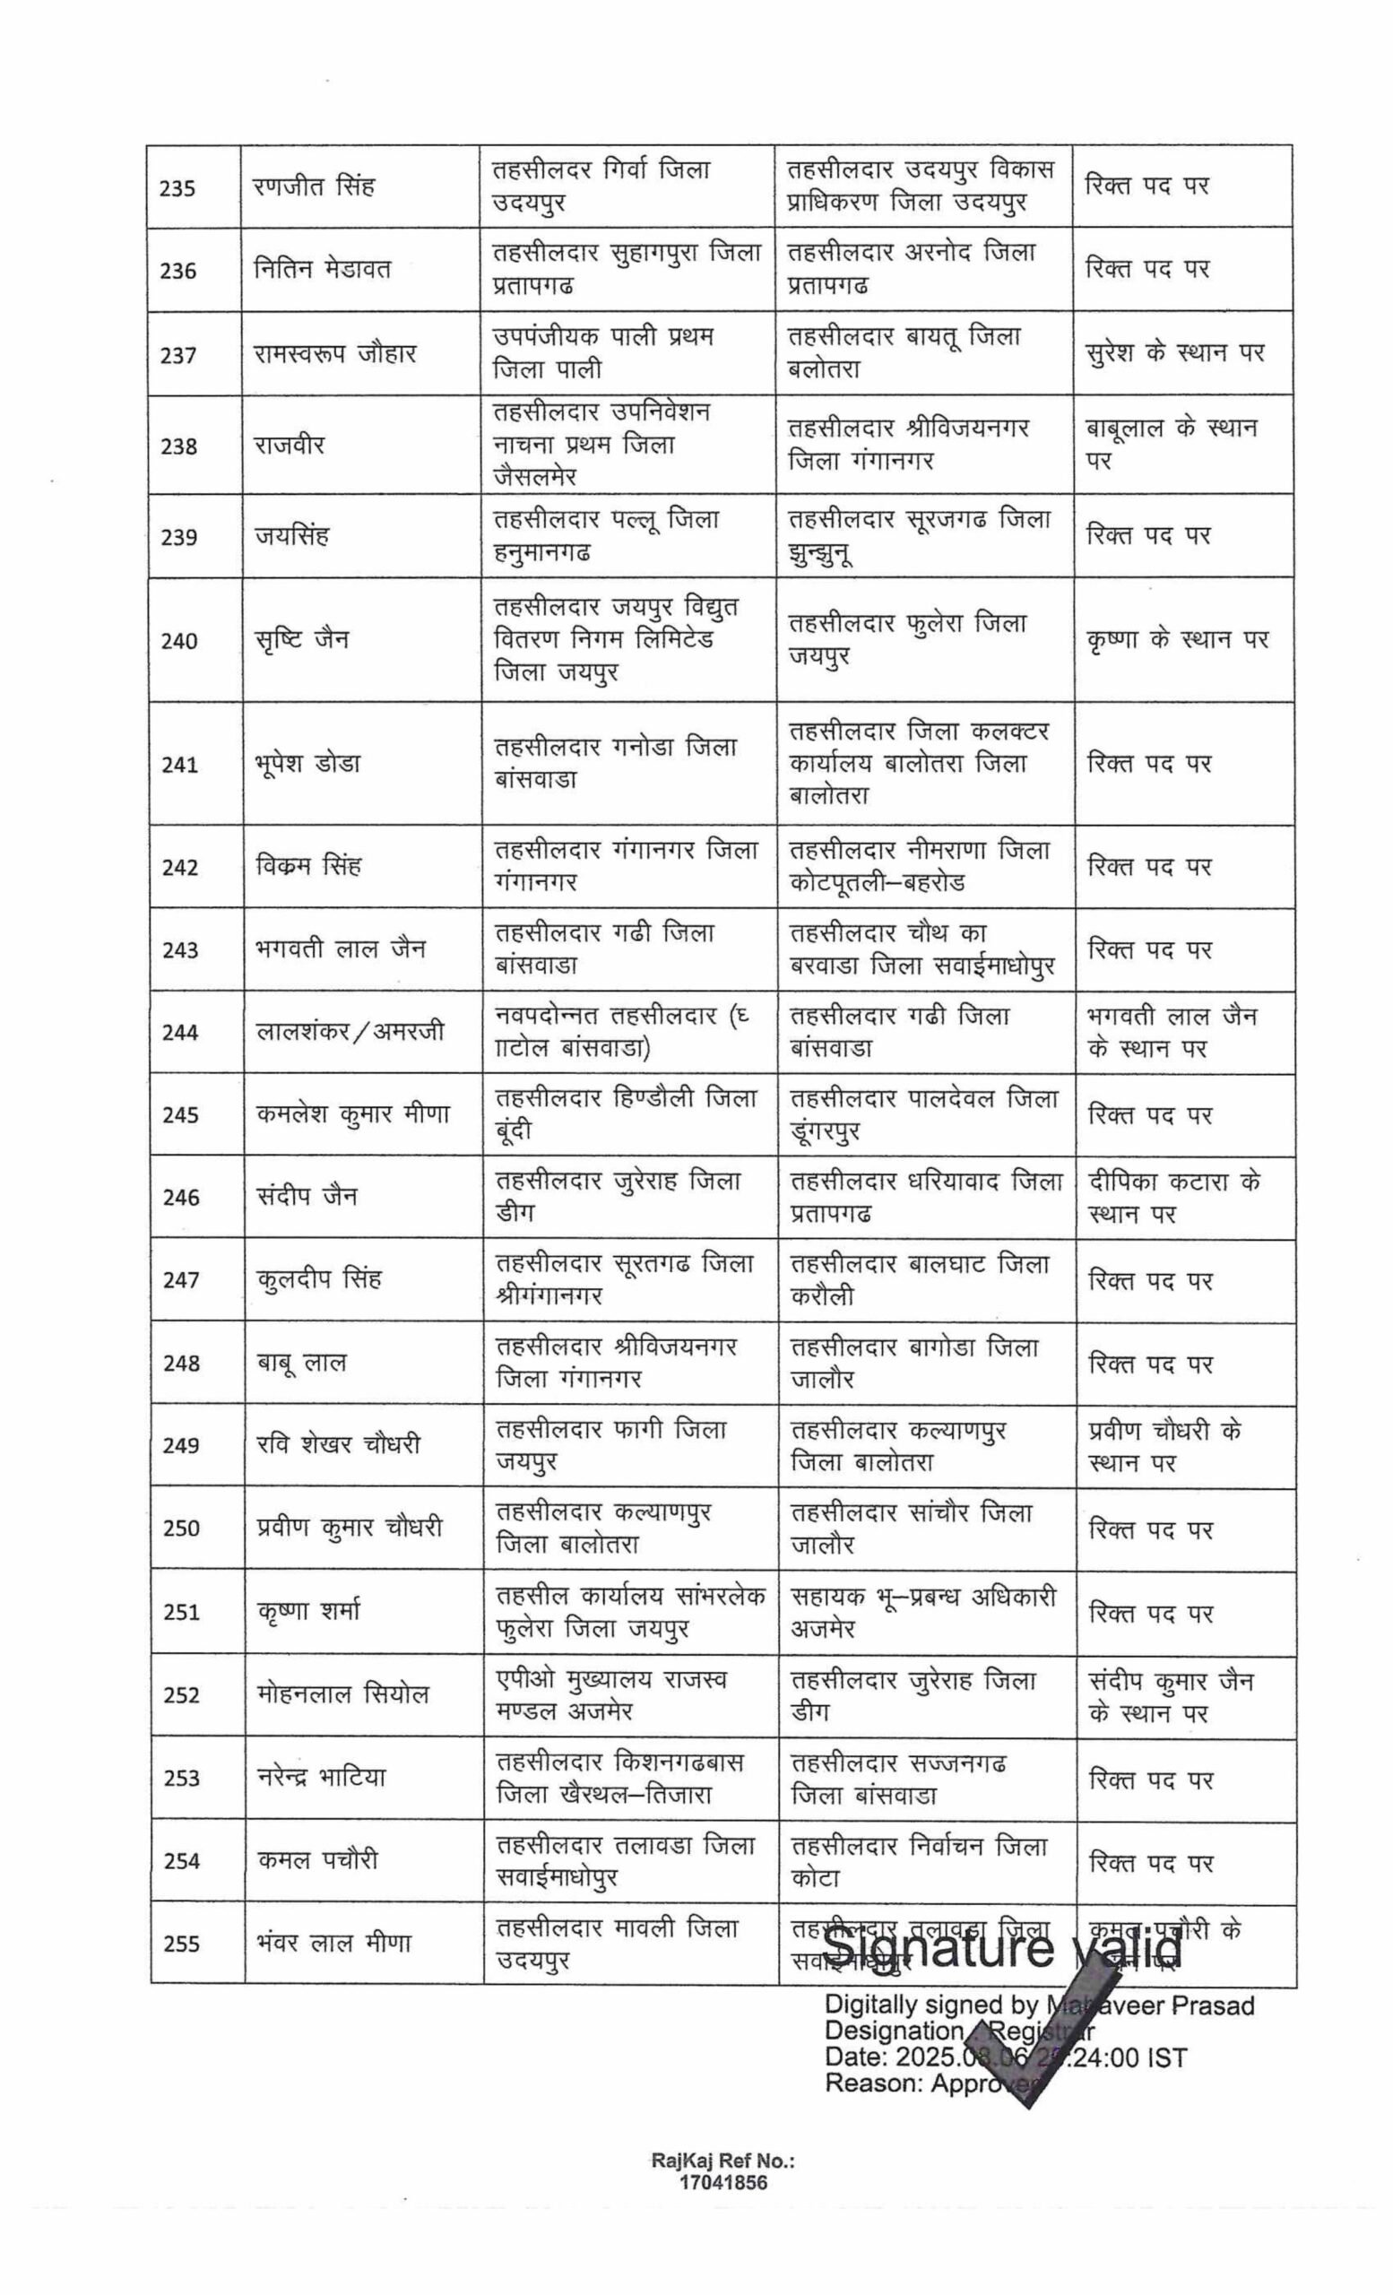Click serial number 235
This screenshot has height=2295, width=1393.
[x=177, y=189]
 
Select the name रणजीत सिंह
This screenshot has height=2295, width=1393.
[x=314, y=186]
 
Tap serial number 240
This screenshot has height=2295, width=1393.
[x=178, y=641]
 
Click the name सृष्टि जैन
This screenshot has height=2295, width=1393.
[x=302, y=640]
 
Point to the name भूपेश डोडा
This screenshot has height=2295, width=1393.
[x=307, y=764]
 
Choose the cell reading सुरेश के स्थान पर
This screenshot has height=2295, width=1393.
[x=1175, y=353]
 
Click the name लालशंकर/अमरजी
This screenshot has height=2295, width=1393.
[x=350, y=1032]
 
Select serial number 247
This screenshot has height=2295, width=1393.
[x=181, y=1280]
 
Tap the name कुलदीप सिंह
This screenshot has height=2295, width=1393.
[x=318, y=1278]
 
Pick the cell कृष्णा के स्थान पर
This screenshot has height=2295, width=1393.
[x=1177, y=640]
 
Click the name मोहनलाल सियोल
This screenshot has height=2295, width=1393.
[x=342, y=1694]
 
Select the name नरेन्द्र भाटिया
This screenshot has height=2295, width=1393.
[x=320, y=1777]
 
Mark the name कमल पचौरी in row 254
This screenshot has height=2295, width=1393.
[x=317, y=1860]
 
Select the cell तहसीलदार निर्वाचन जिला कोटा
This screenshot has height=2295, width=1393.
[x=919, y=1861]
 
